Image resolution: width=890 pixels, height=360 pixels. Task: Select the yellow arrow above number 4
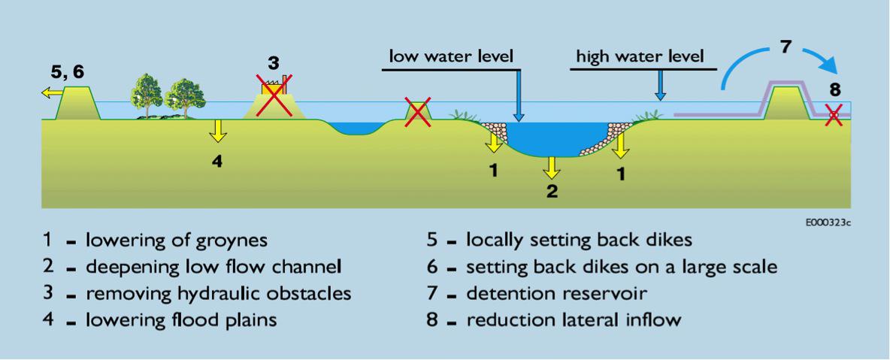[217, 130]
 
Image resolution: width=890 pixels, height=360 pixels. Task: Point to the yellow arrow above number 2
[552, 166]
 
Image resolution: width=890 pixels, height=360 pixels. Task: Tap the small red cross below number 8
[833, 116]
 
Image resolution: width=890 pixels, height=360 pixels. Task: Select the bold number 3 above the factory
[274, 62]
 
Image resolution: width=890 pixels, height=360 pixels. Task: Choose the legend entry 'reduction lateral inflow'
[574, 319]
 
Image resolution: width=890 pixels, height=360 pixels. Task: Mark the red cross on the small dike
[418, 112]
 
